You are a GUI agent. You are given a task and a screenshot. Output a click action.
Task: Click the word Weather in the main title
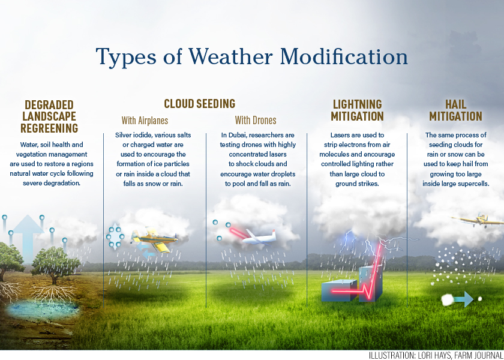[230, 56]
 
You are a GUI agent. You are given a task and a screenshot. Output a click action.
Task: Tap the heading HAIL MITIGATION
[456, 110]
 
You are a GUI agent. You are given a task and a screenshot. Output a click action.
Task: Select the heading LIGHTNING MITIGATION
[357, 110]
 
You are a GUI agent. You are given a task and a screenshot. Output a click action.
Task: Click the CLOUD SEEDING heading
[200, 104]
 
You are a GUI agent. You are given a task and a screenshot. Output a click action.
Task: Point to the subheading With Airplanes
[145, 121]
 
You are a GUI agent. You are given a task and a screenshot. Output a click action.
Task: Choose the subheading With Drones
[256, 121]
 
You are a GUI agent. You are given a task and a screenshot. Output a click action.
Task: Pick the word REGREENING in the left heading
[49, 128]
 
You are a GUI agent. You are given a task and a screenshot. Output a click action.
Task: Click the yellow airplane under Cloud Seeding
[154, 240]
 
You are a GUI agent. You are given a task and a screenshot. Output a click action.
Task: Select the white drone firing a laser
[259, 237]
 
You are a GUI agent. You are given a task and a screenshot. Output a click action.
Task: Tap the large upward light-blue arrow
[28, 238]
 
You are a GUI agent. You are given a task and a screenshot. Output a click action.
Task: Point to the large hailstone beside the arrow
[447, 300]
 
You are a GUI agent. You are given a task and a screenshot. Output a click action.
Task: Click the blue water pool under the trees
[42, 309]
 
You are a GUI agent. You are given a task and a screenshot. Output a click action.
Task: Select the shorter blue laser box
[339, 290]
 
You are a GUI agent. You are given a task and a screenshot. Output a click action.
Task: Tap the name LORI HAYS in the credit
[431, 355]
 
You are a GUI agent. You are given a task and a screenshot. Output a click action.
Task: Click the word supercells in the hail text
[475, 184]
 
